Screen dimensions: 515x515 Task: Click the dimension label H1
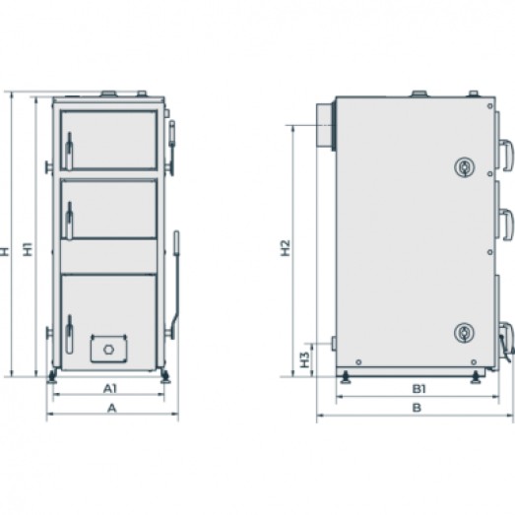coord(30,249)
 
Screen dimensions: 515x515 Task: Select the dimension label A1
coord(110,389)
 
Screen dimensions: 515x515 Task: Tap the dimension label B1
coord(419,389)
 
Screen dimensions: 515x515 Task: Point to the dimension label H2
coord(286,248)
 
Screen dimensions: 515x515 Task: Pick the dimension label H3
coord(305,359)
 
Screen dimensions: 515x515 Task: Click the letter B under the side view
coord(417,408)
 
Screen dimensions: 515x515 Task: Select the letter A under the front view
coord(112,408)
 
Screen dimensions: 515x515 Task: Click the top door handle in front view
coord(69,151)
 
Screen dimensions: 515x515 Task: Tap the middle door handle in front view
coord(69,220)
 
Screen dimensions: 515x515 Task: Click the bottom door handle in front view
coord(69,334)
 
